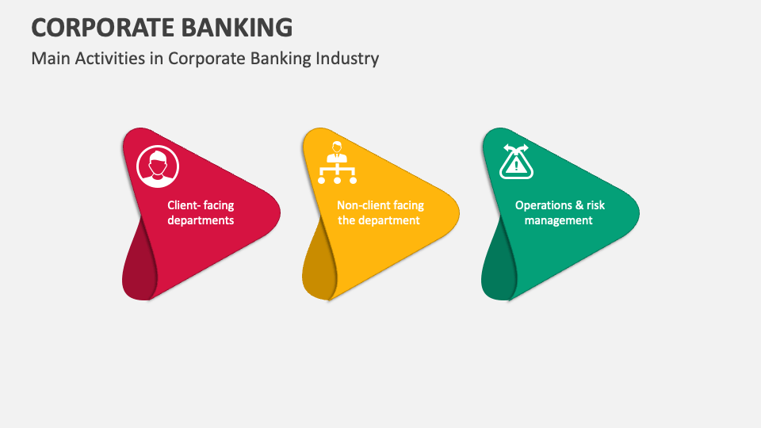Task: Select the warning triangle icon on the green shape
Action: (516, 162)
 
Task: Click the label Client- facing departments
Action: (201, 212)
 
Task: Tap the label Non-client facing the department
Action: (380, 212)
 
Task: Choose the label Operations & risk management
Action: (559, 212)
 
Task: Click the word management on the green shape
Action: (559, 220)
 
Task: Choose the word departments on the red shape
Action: (201, 220)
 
